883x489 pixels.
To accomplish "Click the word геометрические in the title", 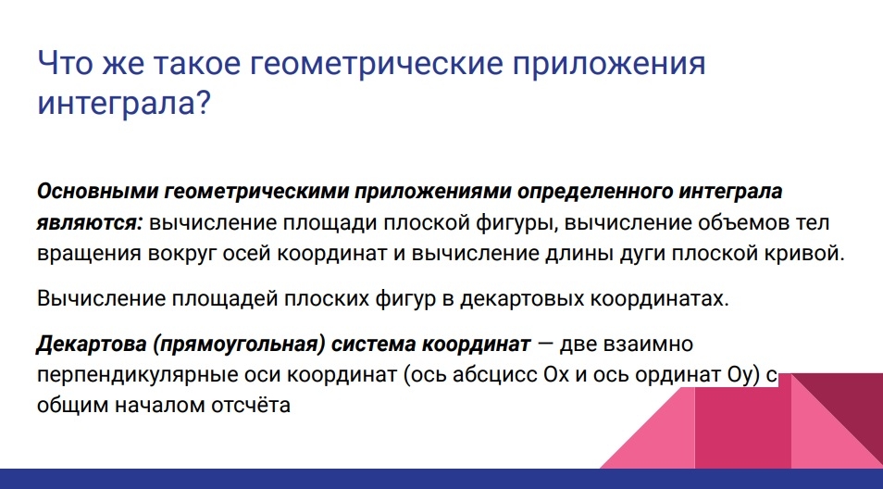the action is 376,64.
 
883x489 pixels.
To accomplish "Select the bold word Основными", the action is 97,192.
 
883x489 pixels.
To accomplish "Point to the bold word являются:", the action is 90,222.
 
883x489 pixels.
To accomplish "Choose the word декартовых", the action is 521,298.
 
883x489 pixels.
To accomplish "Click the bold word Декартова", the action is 91,344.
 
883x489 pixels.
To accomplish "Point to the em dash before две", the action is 546,343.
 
